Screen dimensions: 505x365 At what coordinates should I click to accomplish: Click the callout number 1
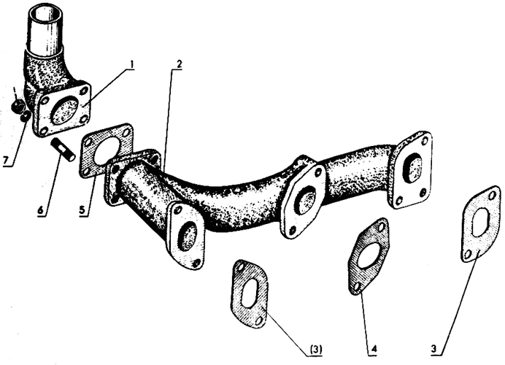click(x=131, y=64)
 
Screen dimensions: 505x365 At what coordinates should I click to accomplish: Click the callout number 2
click(x=179, y=64)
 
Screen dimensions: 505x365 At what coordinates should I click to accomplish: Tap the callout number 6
click(x=41, y=210)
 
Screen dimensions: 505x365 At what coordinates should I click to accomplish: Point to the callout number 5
click(x=82, y=210)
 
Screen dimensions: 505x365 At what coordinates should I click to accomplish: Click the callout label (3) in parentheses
click(x=315, y=349)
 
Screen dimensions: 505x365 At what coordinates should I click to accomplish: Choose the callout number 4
click(x=374, y=349)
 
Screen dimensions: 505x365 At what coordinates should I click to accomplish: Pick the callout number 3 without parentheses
click(x=434, y=349)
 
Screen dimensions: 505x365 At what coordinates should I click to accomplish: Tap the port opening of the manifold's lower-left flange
click(x=187, y=237)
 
